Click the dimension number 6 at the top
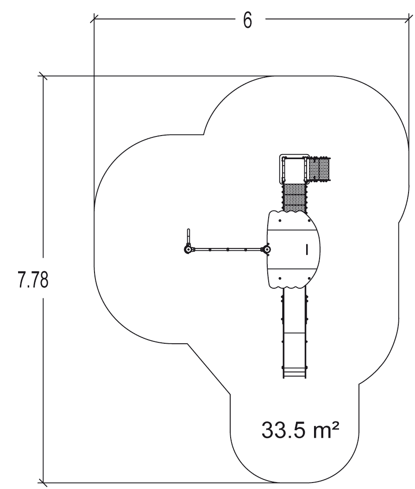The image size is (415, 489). (247, 20)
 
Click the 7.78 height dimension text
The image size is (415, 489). (33, 280)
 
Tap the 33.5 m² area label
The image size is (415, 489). (300, 430)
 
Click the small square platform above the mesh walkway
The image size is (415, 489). (294, 169)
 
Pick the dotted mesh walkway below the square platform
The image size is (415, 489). (294, 198)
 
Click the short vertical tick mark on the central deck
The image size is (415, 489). (307, 249)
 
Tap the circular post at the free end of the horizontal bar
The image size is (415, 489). (188, 250)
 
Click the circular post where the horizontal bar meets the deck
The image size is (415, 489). (266, 249)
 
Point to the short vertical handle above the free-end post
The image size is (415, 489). (189, 237)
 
